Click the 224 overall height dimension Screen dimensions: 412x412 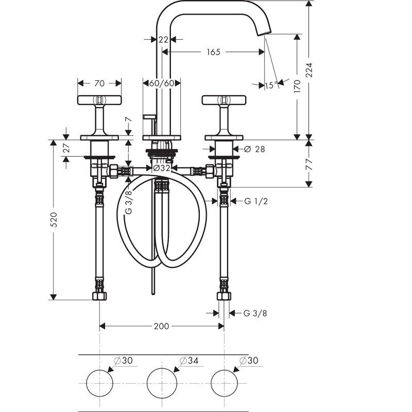click(310, 70)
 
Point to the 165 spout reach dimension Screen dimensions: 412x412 click(213, 52)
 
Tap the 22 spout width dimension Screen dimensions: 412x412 click(163, 40)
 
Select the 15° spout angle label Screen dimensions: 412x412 click(271, 85)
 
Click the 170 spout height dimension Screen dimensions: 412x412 click(297, 87)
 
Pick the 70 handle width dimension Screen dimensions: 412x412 click(99, 83)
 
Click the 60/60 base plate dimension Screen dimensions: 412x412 click(162, 83)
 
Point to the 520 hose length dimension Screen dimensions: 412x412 click(54, 220)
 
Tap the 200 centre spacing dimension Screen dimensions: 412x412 click(161, 327)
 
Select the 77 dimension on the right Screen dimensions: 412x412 click(310, 164)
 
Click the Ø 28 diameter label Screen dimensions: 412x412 click(254, 149)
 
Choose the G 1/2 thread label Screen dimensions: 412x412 click(256, 201)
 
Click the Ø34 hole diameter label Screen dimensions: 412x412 click(189, 360)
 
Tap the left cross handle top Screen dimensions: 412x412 click(99, 99)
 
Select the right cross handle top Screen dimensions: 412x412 click(224, 99)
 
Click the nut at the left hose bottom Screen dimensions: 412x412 click(99, 296)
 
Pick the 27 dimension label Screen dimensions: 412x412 click(67, 148)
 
